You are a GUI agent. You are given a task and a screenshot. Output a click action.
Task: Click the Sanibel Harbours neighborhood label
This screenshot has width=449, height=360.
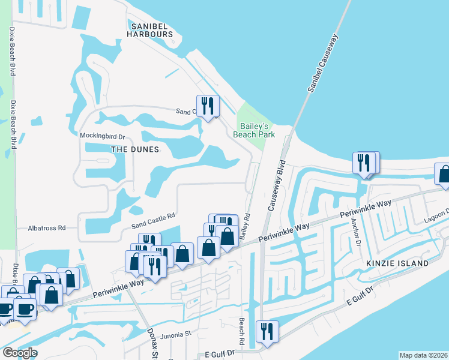tap(153, 29)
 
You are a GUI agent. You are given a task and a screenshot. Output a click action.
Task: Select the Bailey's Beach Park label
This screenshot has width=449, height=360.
tap(258, 130)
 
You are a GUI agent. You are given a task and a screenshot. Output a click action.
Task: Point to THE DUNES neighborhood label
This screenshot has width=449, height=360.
tap(135, 149)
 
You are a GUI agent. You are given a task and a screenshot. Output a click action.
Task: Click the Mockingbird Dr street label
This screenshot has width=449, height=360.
tap(102, 136)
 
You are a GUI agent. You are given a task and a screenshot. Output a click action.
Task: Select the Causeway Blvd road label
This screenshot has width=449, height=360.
tap(276, 185)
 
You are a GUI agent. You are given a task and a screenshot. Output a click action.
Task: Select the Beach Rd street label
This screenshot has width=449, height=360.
tap(242, 331)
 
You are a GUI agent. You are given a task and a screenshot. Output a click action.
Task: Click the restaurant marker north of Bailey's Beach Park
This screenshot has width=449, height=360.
tap(208, 106)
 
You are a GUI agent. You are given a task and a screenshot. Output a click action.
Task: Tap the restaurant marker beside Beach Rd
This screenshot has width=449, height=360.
tap(266, 332)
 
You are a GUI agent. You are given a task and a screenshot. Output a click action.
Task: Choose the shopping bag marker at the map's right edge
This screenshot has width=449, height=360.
tap(443, 175)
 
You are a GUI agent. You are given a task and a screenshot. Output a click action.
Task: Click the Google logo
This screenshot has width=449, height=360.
tap(19, 353)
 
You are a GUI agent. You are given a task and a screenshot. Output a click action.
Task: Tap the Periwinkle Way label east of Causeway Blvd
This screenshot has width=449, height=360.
tap(365, 209)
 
